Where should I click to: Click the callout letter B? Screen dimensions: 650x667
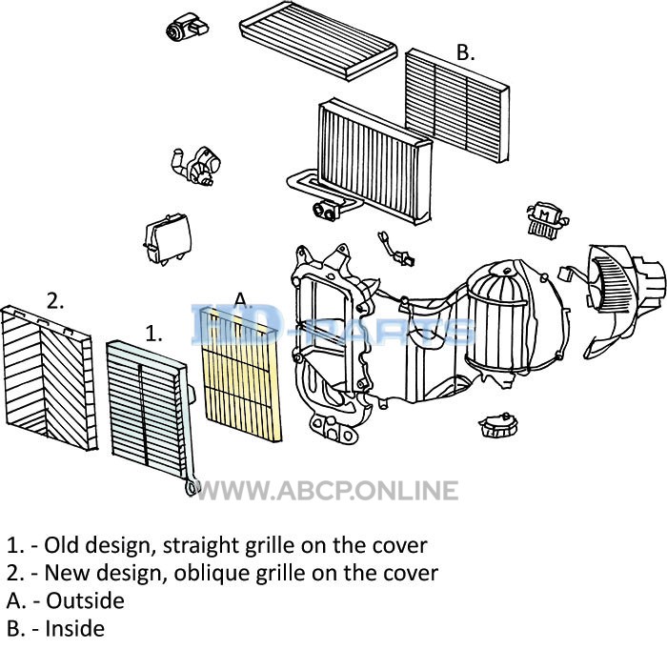464,53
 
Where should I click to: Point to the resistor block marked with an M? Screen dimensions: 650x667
544,220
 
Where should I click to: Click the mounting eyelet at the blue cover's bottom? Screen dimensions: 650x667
190,488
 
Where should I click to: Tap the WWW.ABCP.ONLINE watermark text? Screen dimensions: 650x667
327,491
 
